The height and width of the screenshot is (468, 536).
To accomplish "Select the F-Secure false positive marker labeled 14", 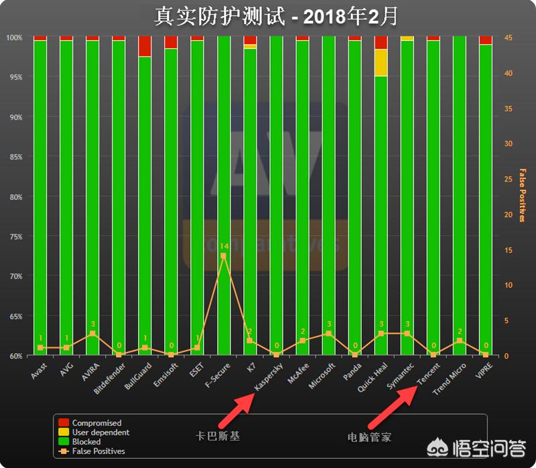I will coord(223,256).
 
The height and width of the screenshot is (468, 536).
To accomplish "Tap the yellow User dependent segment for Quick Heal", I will coord(381,62).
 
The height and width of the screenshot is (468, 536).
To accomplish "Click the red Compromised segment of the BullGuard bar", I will coord(145,46).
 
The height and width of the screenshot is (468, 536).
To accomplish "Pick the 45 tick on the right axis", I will coord(509,38).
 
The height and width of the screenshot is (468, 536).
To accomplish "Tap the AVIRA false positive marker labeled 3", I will coord(92,333).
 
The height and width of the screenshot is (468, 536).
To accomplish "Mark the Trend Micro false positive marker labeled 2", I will coord(459,341).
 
